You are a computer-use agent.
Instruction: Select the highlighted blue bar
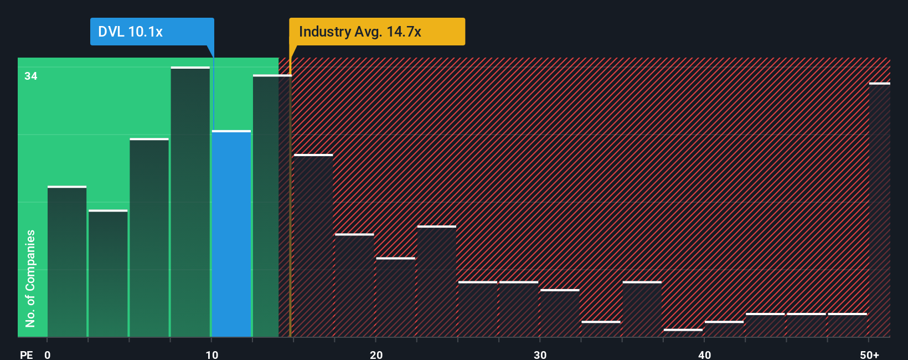click(231, 234)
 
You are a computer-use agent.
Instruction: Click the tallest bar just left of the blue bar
click(190, 202)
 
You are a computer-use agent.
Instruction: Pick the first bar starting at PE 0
click(67, 261)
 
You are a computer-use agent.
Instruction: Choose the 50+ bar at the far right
click(879, 210)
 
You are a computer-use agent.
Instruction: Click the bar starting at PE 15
click(313, 245)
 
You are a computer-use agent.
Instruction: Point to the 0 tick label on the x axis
click(48, 354)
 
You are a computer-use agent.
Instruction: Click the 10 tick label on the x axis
click(211, 354)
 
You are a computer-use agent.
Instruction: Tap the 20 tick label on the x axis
click(376, 354)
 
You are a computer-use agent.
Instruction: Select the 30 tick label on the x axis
click(540, 354)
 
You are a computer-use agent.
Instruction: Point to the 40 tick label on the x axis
click(704, 354)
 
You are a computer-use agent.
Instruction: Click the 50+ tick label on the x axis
click(869, 354)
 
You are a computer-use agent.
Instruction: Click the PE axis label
click(26, 354)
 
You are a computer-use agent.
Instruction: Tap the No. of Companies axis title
click(30, 278)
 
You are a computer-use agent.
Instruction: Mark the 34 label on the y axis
click(31, 76)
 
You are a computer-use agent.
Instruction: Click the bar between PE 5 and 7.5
click(149, 238)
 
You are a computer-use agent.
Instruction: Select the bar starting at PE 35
click(642, 309)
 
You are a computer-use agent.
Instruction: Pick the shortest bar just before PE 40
click(683, 332)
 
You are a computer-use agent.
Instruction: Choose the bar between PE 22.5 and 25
click(436, 281)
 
